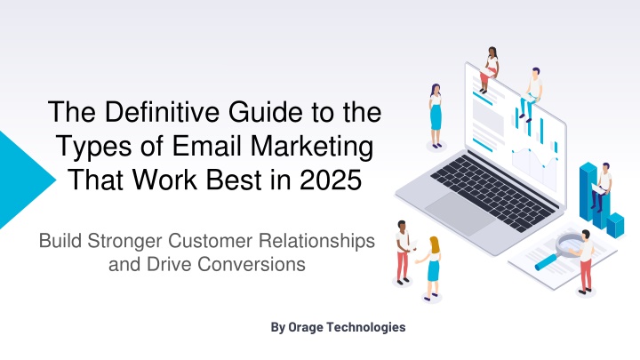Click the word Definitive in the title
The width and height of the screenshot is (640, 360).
click(x=163, y=112)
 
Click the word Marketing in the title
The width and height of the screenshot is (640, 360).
click(x=312, y=147)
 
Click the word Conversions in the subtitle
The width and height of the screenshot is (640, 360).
click(x=251, y=264)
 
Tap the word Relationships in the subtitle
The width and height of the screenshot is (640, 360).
click(x=316, y=241)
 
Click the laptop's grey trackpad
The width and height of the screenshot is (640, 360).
click(x=460, y=213)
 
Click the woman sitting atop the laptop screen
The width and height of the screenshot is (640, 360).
click(x=490, y=68)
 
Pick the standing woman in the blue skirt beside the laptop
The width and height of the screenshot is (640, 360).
click(x=436, y=116)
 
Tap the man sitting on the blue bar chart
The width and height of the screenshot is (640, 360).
click(x=602, y=187)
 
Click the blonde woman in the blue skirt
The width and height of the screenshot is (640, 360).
click(x=430, y=268)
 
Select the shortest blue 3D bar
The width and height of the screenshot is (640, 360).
click(x=615, y=225)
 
